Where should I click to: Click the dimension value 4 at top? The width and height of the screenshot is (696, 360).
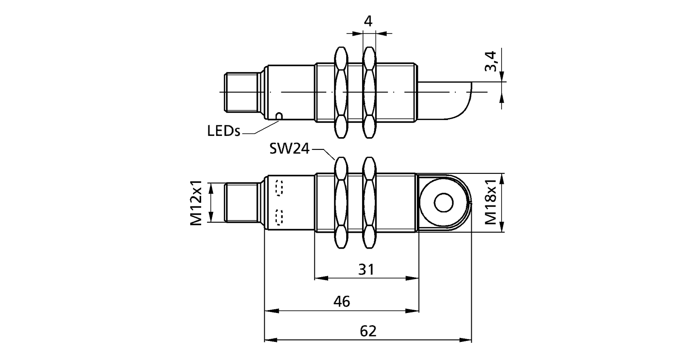pos(368,21)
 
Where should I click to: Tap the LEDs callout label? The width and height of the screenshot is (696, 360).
pos(224,131)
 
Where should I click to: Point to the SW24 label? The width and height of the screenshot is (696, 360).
pos(289,149)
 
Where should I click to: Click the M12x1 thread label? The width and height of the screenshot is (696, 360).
pos(196,203)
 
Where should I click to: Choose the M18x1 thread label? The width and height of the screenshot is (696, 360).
pos(491,202)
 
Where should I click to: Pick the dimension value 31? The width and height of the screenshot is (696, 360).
pos(366,269)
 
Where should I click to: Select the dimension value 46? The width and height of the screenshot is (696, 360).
pos(342,301)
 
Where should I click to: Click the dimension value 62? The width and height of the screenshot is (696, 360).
pos(368,331)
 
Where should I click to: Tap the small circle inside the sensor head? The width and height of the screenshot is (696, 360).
pos(444,202)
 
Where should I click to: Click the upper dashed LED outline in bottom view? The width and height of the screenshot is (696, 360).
pos(280,187)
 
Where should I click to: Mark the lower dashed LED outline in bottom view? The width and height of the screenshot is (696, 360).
pos(280,217)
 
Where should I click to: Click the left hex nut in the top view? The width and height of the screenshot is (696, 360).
pos(341,92)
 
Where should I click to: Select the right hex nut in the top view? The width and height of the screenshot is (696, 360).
pos(369,92)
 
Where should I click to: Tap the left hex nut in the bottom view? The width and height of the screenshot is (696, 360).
pos(341,202)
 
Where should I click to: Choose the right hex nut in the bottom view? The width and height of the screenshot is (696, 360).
pos(369,202)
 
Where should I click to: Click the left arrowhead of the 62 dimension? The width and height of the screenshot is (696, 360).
pos(271,340)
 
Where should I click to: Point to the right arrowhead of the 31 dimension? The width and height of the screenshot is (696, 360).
pos(412,278)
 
